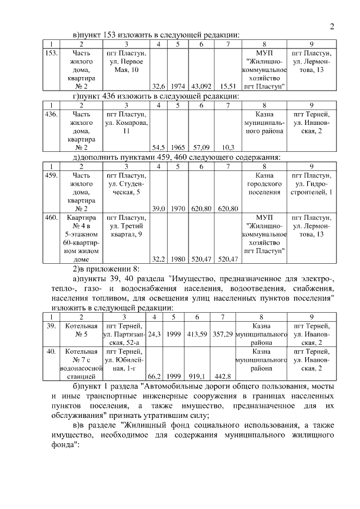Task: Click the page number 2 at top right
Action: tap(331, 26)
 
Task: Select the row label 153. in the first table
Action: tap(51, 53)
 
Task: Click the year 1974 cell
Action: tap(178, 87)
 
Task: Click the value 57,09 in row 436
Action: tap(201, 147)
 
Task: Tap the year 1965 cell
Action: tap(178, 147)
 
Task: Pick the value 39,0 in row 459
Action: tap(159, 208)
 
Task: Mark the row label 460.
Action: tap(51, 218)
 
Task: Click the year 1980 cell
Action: tap(178, 259)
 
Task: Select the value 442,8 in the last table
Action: tap(223, 376)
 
